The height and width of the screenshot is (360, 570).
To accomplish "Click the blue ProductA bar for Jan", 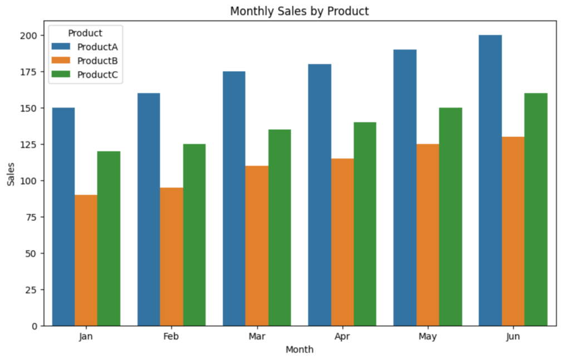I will pyautogui.click(x=63, y=216).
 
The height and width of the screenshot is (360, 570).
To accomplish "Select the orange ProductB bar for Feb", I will pyautogui.click(x=171, y=257).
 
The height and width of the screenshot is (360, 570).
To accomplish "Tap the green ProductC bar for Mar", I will pyautogui.click(x=279, y=228).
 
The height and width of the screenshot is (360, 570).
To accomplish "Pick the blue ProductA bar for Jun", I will pyautogui.click(x=490, y=180).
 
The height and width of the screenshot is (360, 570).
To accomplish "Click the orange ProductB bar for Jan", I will pyautogui.click(x=86, y=260).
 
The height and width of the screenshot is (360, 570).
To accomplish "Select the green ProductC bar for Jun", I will pyautogui.click(x=535, y=209).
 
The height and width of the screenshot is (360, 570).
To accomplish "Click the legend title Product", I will pyautogui.click(x=85, y=33).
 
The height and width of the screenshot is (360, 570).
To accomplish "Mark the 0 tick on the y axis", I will pyautogui.click(x=35, y=326).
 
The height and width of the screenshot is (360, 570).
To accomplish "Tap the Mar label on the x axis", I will pyautogui.click(x=257, y=337).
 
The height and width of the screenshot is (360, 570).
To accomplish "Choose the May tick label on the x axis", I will pyautogui.click(x=427, y=337).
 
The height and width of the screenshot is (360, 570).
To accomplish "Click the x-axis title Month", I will pyautogui.click(x=299, y=350).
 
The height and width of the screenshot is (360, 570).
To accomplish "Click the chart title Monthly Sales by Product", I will pyautogui.click(x=299, y=11).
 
